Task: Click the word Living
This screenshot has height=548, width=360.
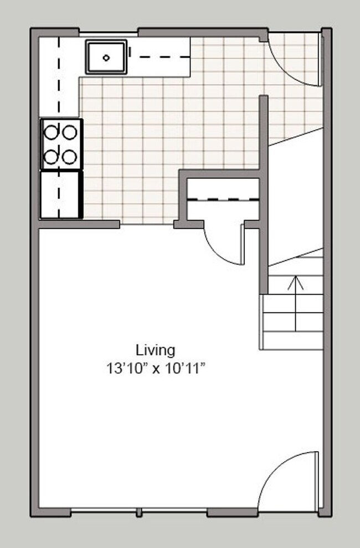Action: (x=156, y=350)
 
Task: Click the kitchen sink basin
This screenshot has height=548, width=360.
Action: (x=106, y=56)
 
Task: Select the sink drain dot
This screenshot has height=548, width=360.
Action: (x=106, y=56)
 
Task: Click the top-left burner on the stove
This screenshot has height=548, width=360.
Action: (x=53, y=132)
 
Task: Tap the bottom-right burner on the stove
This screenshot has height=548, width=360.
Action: (x=69, y=157)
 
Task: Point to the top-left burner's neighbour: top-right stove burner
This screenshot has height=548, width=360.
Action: (x=69, y=132)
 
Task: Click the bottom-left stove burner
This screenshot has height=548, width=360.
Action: (x=53, y=157)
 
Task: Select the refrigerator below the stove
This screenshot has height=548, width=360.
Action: (x=61, y=194)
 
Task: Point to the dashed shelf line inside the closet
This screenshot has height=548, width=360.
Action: (x=223, y=199)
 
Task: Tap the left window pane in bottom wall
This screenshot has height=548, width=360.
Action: (x=104, y=511)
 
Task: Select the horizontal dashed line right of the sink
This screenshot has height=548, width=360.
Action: (x=161, y=56)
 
